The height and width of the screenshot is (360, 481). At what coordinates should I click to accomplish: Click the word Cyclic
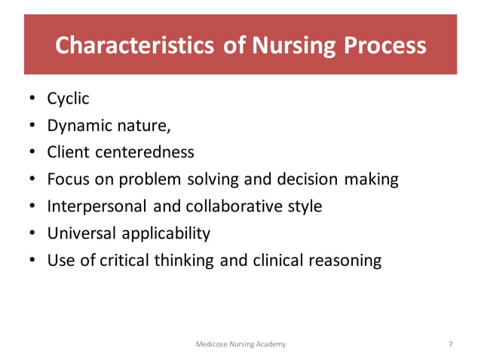tap(69, 99)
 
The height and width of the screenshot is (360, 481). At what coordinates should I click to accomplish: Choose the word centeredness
tap(145, 152)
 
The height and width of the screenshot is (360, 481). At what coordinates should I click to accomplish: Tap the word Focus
tap(68, 179)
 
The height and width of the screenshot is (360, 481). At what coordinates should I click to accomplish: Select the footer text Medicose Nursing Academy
tap(240, 344)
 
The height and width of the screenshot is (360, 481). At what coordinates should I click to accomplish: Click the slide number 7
tap(450, 344)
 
